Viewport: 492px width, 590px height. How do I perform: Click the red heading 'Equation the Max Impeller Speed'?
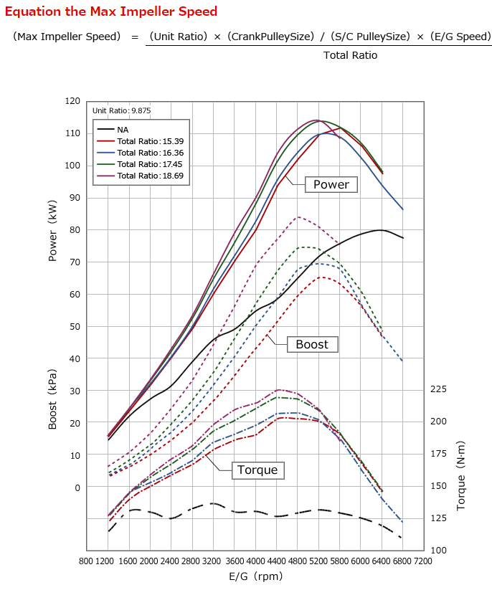[111, 12]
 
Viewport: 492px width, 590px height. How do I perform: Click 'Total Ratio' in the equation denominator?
[350, 55]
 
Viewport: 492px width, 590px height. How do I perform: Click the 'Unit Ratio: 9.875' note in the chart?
[121, 111]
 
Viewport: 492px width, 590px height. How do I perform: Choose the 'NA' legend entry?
[123, 130]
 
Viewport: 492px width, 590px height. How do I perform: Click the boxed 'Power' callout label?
[331, 185]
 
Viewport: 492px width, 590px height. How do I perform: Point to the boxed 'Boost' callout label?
[312, 345]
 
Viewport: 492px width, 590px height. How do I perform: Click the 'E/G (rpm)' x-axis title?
[256, 576]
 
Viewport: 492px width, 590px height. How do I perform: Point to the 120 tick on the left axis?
[72, 101]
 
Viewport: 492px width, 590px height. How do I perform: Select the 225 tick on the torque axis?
[438, 389]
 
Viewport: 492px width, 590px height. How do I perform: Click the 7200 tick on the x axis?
[423, 561]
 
